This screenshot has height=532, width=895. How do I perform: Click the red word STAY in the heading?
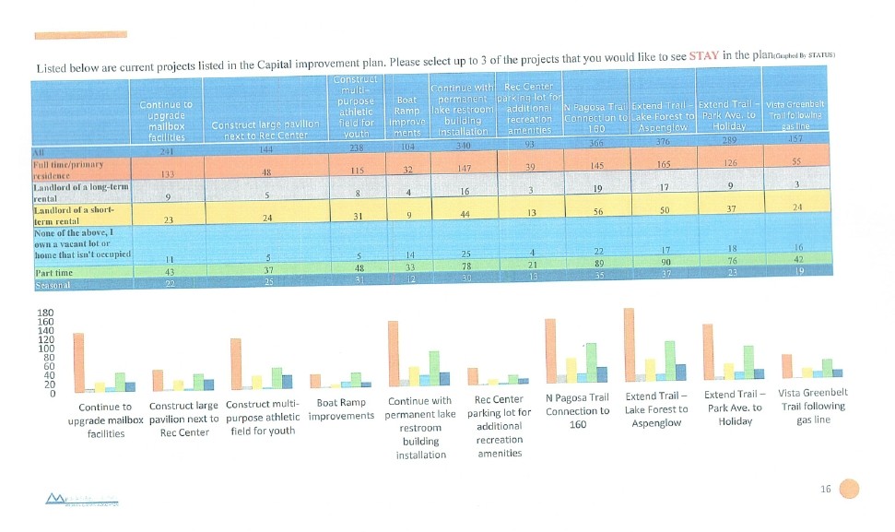pyautogui.click(x=703, y=55)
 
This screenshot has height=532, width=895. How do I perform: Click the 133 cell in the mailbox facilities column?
pyautogui.click(x=167, y=173)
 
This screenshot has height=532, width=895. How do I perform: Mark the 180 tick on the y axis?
pyautogui.click(x=43, y=313)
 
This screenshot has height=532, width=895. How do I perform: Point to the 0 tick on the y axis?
pyautogui.click(x=53, y=394)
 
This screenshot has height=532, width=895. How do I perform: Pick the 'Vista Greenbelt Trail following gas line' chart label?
pyautogui.click(x=812, y=407)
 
